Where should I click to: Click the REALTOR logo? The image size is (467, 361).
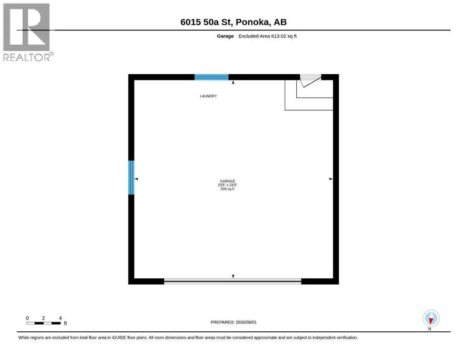(x=28, y=32)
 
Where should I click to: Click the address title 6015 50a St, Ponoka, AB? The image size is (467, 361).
(x=233, y=22)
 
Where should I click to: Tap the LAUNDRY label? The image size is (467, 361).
(x=208, y=96)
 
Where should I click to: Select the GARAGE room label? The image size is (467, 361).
(x=227, y=181)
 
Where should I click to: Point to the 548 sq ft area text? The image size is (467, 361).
(x=227, y=189)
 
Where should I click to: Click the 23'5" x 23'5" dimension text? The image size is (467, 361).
(x=227, y=185)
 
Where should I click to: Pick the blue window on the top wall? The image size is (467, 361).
(x=212, y=77)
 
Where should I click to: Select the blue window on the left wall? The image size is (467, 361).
(x=131, y=178)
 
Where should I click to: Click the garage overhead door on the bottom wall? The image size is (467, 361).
(x=233, y=281)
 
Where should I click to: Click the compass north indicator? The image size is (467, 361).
(x=431, y=319)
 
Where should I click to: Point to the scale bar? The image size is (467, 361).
(x=43, y=323)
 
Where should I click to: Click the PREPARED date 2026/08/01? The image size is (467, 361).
(x=233, y=322)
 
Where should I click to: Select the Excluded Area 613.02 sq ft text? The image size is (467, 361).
(x=268, y=36)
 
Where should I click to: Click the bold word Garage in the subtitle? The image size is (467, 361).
(x=225, y=36)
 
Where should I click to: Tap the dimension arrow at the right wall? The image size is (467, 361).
(x=331, y=179)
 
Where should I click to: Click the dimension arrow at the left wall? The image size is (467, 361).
(x=136, y=179)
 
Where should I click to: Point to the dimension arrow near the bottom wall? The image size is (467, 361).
(x=233, y=276)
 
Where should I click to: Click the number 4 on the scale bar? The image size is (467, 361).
(x=61, y=318)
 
